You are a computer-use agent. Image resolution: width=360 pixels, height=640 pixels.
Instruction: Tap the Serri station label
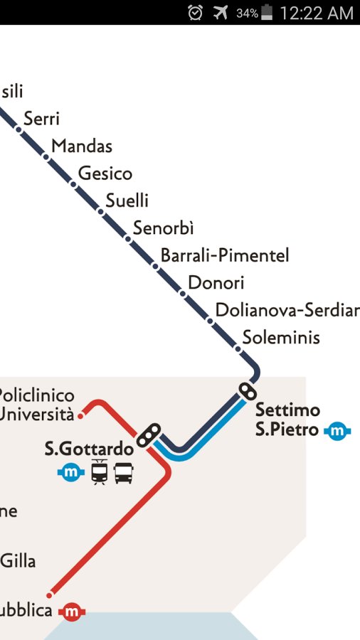41,119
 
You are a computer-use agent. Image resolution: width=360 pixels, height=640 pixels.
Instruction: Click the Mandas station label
82,146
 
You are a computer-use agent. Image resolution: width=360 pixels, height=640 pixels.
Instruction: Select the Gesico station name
105,174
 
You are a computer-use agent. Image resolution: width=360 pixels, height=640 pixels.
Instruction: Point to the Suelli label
127,201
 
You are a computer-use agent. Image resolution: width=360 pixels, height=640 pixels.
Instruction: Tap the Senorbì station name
163,228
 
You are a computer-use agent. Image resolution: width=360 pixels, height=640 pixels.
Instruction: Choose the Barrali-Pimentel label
225,255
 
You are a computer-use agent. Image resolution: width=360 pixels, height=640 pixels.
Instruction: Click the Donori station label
216,283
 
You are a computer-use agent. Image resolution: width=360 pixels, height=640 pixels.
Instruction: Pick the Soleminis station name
281,338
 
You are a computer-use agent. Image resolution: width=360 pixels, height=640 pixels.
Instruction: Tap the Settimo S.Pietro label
287,420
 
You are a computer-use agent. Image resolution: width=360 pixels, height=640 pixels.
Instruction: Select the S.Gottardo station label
89,449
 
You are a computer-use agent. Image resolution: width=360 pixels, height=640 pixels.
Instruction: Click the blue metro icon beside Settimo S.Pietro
338,430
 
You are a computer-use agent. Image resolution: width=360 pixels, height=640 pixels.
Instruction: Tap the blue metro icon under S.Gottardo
71,471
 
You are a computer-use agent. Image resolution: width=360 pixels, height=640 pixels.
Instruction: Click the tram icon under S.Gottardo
99,471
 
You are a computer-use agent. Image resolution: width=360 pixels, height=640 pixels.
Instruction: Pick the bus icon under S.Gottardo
124,471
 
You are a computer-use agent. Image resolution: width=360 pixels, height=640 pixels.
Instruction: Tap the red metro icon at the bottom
71,612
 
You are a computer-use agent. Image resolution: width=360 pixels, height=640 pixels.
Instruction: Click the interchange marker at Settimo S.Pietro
247,391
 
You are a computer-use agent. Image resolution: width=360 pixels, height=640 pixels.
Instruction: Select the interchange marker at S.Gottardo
149,434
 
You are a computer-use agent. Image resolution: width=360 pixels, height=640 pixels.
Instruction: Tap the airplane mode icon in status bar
221,12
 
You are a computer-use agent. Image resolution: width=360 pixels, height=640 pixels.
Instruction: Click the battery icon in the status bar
267,12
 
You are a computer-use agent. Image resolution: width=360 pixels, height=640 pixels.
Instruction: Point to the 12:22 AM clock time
317,13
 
